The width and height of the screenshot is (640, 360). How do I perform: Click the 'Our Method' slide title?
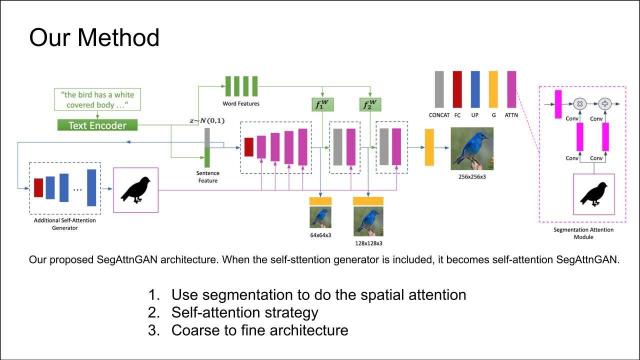tap(94, 37)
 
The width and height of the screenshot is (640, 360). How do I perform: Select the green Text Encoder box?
tap(97, 125)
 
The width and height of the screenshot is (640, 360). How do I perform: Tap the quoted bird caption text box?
tap(97, 99)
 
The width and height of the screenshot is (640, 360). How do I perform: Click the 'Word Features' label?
tap(241, 104)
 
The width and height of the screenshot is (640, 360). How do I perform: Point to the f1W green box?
tap(321, 105)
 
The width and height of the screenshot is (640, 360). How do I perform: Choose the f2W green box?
tap(370, 105)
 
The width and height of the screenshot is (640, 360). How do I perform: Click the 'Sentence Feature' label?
tap(207, 176)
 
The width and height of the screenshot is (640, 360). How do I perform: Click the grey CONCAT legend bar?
tap(439, 89)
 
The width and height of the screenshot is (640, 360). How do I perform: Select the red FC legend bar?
tap(457, 89)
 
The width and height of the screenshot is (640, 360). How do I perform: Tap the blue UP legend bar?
tap(475, 89)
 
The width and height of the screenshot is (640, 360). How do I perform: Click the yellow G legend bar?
tap(493, 89)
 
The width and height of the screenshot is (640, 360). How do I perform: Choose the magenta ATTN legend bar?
tap(511, 89)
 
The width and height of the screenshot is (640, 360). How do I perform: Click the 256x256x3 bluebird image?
tap(472, 148)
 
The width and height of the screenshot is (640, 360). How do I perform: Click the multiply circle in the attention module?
tap(580, 104)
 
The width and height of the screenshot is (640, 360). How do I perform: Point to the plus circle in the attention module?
tap(605, 104)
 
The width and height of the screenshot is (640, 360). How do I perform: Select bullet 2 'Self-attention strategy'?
tap(244, 312)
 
